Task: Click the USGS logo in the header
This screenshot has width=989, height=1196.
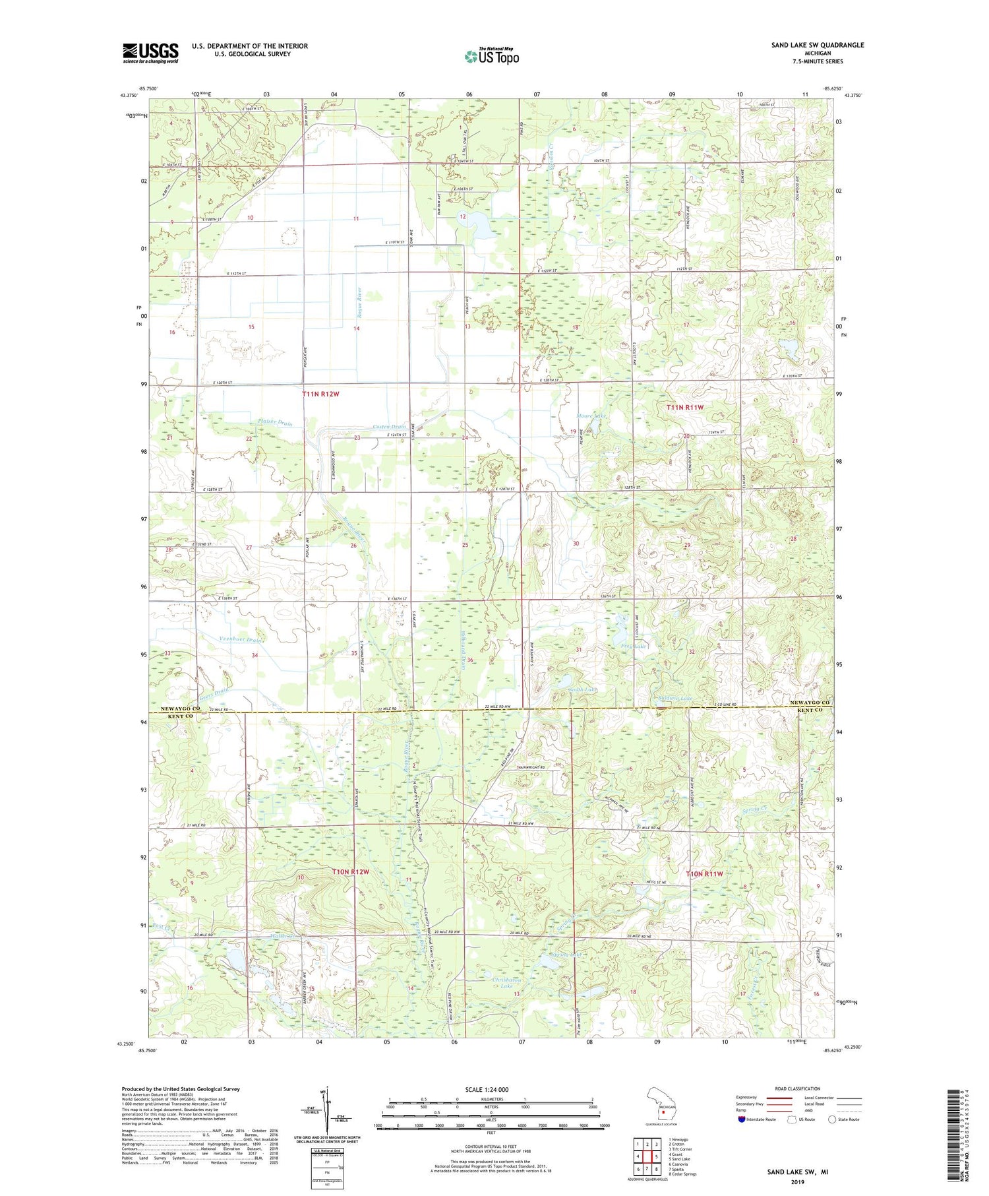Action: coord(150,53)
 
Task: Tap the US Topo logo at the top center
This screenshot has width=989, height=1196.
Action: coord(491,56)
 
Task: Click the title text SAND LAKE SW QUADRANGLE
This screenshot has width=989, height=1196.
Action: coord(818,45)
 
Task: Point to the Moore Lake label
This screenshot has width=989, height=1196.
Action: coord(591,416)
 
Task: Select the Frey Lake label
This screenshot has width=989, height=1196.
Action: coord(633,646)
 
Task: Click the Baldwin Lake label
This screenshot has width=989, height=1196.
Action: coord(674,698)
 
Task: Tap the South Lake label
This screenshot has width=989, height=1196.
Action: coord(583,690)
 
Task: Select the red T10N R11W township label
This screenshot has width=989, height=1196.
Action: coord(705,873)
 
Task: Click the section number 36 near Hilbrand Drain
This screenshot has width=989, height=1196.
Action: coord(471,660)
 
